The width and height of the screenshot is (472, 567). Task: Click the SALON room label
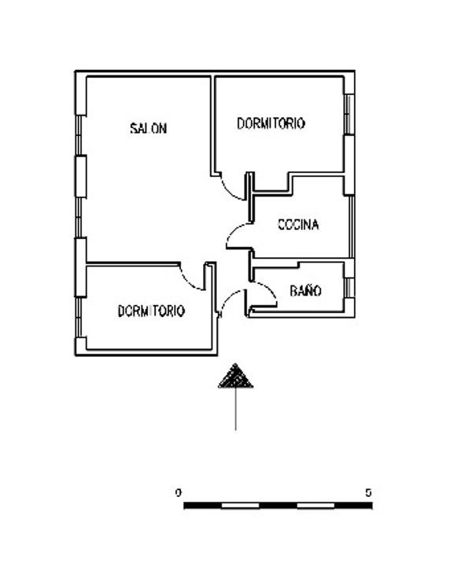(x=149, y=128)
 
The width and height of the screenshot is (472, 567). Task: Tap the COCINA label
(x=298, y=225)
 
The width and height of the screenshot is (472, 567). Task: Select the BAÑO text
(x=306, y=290)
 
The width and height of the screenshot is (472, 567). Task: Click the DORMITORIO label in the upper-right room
(x=271, y=123)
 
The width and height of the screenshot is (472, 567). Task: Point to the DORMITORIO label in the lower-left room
(x=151, y=311)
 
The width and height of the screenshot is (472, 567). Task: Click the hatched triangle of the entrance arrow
(x=235, y=376)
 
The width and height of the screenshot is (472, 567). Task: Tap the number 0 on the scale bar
(x=178, y=492)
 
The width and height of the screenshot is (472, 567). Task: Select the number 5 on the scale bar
(x=368, y=492)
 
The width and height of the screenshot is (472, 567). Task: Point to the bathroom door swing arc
(x=271, y=290)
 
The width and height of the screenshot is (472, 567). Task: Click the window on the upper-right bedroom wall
(x=348, y=114)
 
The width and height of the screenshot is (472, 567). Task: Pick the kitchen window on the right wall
(x=351, y=226)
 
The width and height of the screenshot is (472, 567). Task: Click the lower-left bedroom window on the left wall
(x=78, y=317)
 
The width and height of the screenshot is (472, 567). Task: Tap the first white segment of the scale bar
(x=240, y=505)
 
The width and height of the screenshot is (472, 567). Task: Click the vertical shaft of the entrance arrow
(x=235, y=409)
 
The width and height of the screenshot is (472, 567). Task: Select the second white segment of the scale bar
(x=315, y=505)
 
